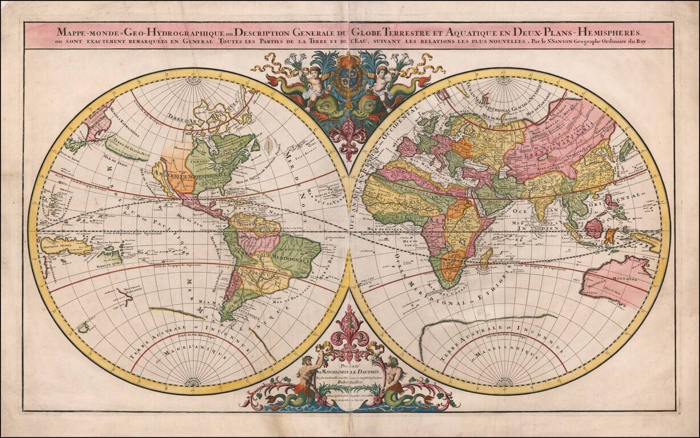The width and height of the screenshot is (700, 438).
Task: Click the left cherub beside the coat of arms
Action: click(312, 84)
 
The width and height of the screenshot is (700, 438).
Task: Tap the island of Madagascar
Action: click(485, 259)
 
